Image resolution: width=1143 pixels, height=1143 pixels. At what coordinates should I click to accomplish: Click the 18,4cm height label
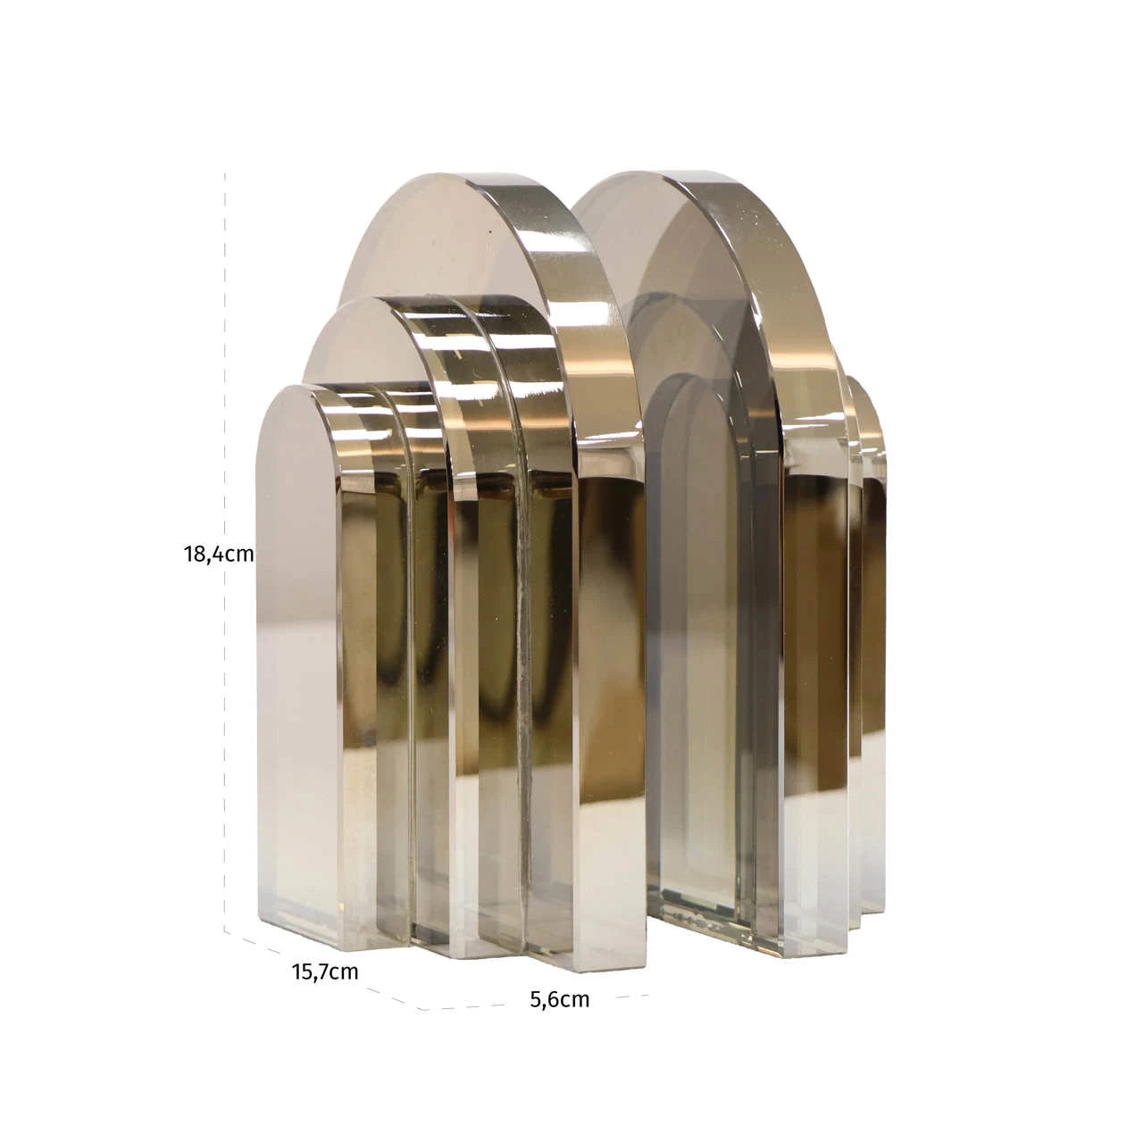click(x=219, y=554)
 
